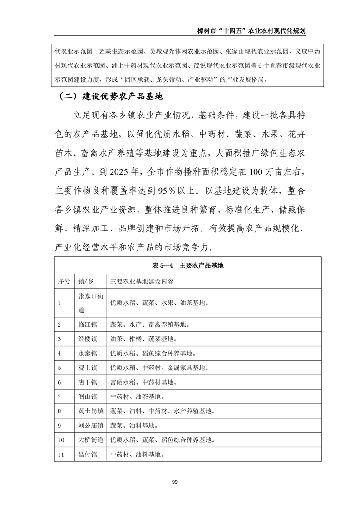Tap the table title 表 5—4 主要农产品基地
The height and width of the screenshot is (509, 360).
pos(188,266)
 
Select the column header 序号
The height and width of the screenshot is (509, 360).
pos(64,281)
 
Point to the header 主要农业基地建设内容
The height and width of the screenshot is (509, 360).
pos(142,281)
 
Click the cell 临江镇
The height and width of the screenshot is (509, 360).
pos(88,324)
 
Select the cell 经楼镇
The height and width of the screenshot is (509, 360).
pos(88,339)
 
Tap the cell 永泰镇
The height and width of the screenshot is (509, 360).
pos(88,353)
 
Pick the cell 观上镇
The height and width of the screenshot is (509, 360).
pos(88,368)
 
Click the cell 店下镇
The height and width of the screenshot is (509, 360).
pos(88,382)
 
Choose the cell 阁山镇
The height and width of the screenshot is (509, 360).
pos(88,397)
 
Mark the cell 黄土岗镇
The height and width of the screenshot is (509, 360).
pos(91,411)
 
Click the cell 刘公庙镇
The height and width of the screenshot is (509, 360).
pos(91,426)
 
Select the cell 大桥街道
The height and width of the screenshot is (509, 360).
pos(91,440)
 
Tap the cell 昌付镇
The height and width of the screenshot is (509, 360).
pos(88,455)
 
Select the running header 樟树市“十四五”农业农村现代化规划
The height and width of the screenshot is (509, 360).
pos(249,30)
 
